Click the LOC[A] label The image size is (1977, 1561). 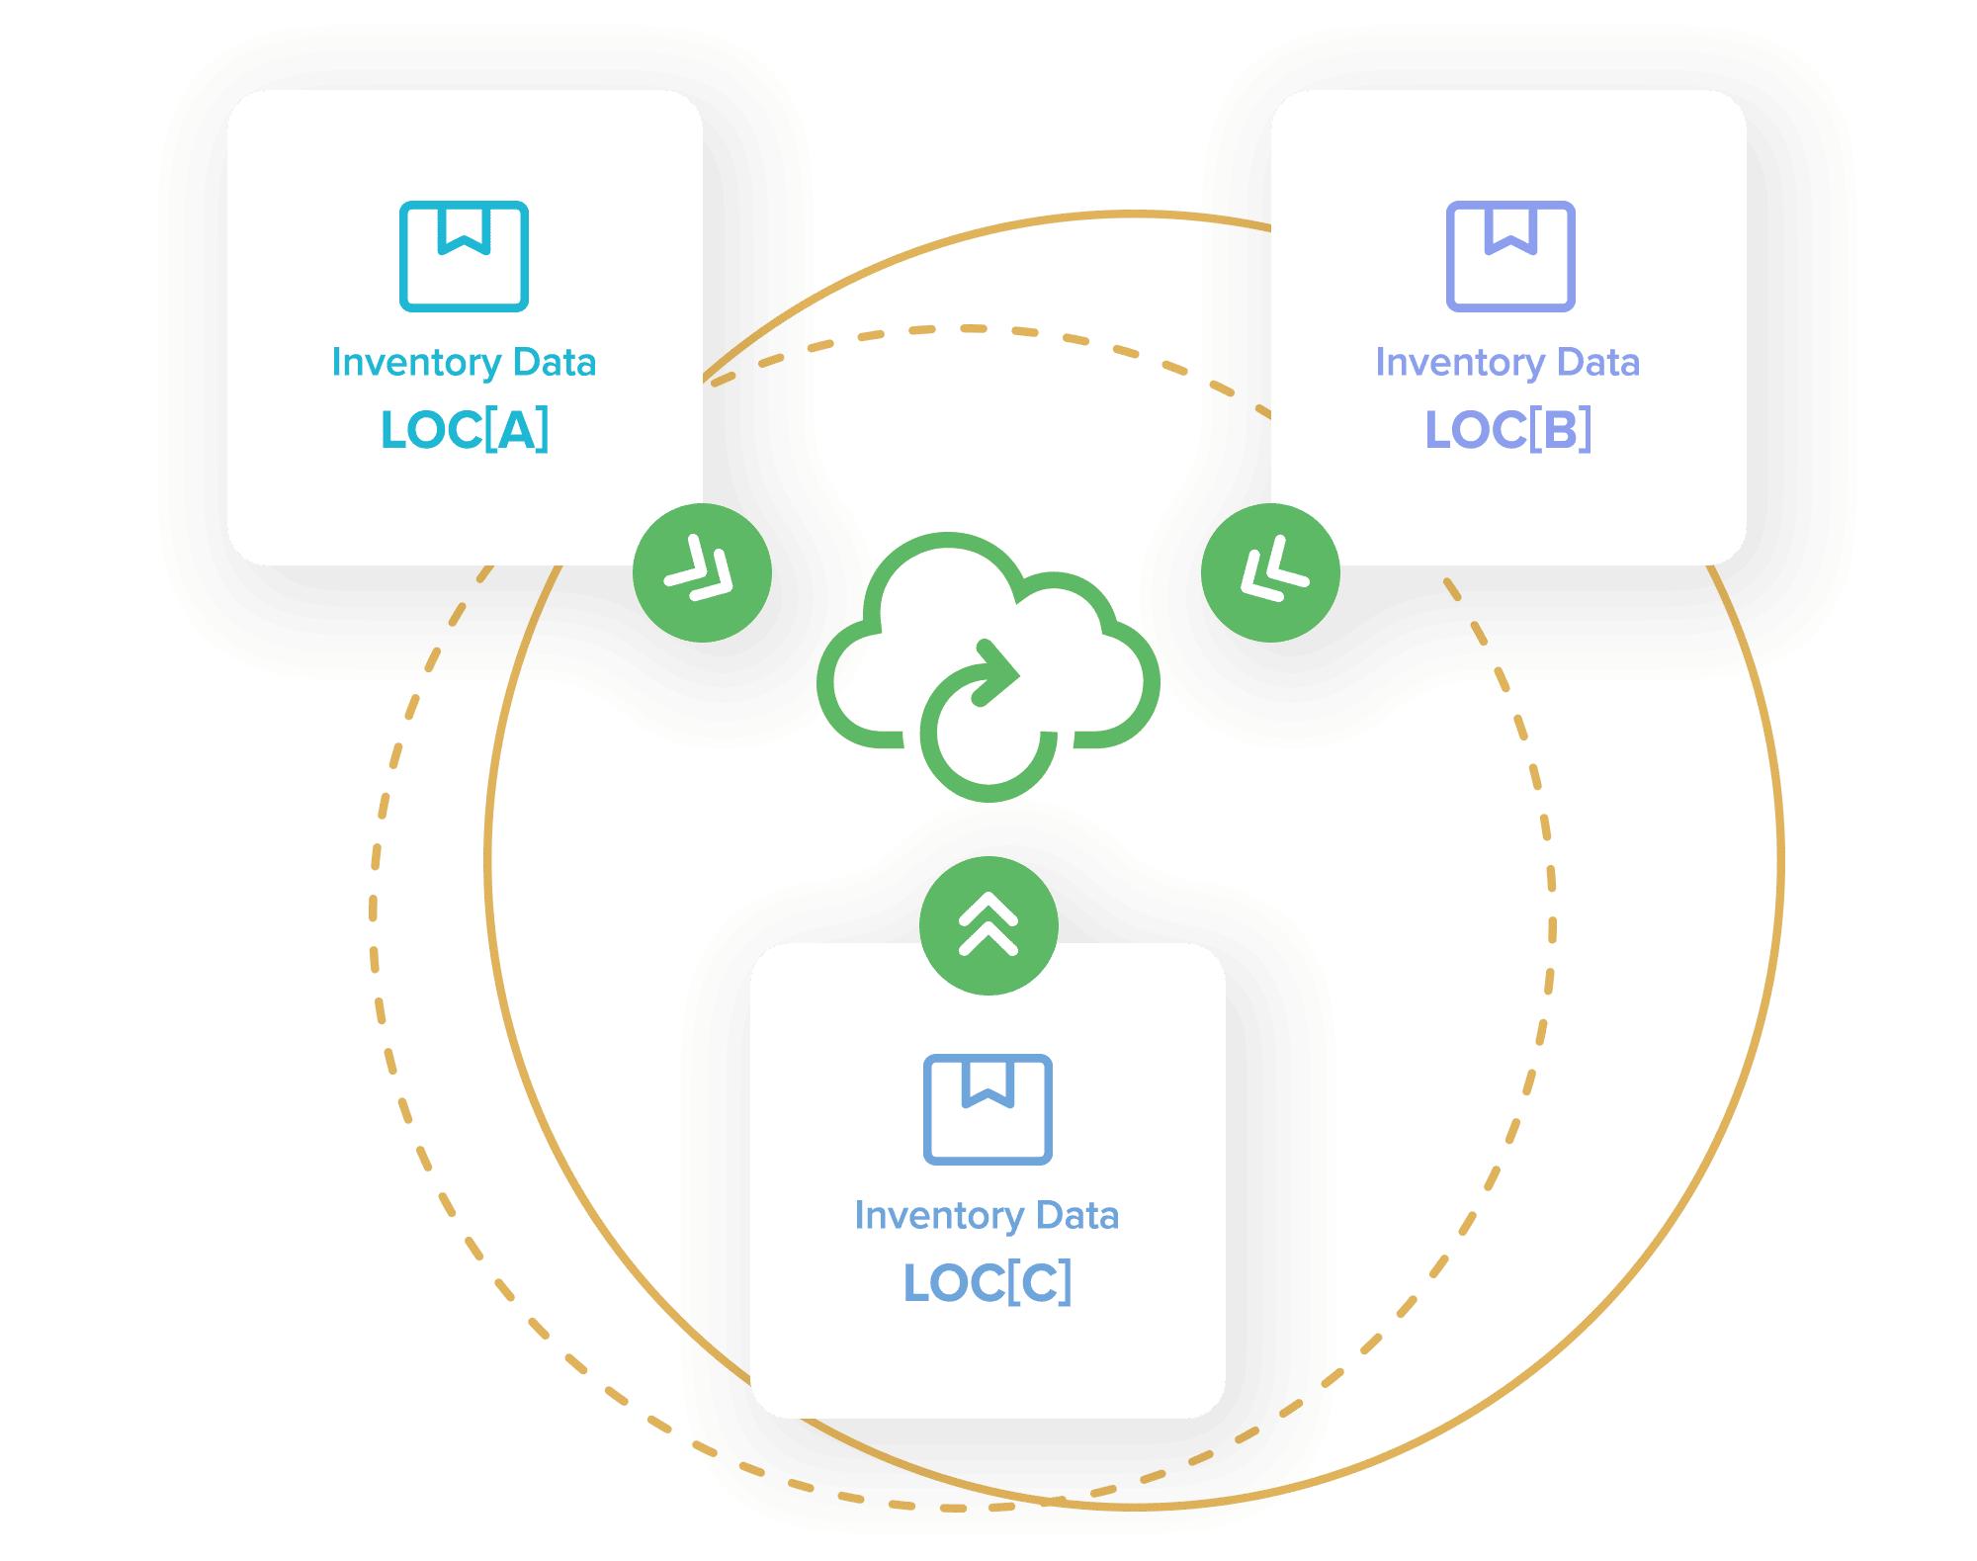465,430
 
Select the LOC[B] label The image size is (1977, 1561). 1508,430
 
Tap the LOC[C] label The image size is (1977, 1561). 988,1282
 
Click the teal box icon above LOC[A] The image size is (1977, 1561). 464,257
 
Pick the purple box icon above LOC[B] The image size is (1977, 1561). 1509,257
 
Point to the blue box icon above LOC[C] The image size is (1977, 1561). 988,1109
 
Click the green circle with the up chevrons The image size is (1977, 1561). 988,925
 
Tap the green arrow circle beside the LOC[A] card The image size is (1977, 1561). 702,572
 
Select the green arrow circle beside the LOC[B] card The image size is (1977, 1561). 1270,572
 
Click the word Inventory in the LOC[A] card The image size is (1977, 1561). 416,363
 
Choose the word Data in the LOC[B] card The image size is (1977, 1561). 1597,363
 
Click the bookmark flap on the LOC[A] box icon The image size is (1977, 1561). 464,228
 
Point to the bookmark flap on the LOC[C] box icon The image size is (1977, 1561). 988,1081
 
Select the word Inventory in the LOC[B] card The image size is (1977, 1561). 1460,363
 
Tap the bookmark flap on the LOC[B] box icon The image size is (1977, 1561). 1509,228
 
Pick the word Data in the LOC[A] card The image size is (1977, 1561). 554,363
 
